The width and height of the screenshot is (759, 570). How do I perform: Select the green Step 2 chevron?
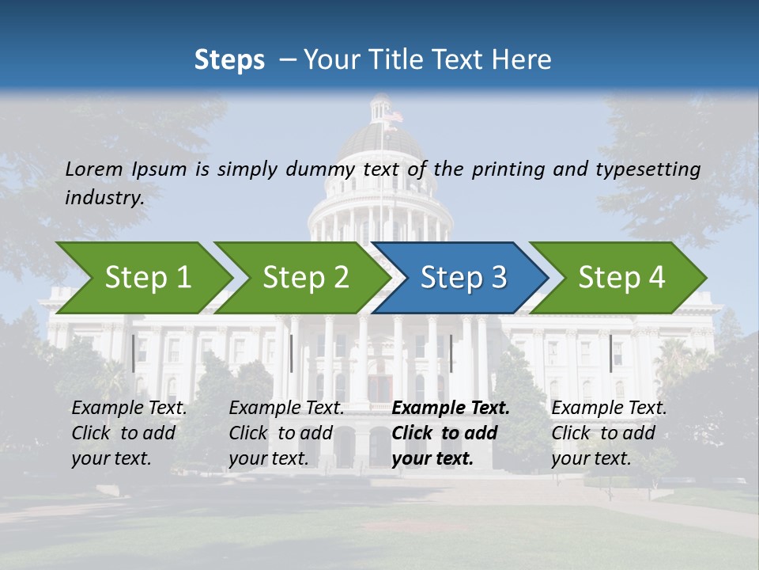(x=305, y=278)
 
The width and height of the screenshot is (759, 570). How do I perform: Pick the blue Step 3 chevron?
(x=463, y=278)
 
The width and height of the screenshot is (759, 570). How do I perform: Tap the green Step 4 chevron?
(x=621, y=278)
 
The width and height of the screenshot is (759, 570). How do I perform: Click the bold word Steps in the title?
(x=229, y=59)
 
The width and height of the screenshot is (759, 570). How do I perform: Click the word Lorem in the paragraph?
(x=93, y=169)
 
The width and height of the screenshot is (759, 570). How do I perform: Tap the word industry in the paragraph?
(x=104, y=197)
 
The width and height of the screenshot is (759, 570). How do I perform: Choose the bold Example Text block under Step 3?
(x=451, y=433)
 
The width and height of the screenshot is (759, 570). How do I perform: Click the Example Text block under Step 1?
(x=129, y=433)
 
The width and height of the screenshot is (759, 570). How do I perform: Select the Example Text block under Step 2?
(x=286, y=433)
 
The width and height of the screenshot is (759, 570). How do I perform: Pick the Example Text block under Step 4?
(x=609, y=433)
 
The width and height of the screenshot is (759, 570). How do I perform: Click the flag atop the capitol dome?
(x=393, y=116)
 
